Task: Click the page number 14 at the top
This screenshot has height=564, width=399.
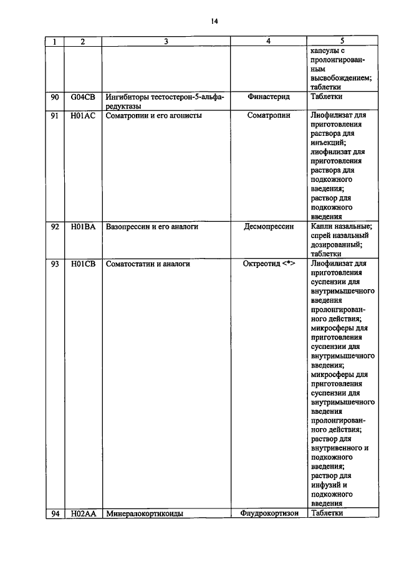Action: point(214,21)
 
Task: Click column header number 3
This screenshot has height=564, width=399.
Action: point(166,41)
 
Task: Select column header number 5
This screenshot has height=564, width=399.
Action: point(342,41)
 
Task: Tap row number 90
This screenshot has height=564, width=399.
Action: point(55,97)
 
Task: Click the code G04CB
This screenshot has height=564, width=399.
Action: point(83,97)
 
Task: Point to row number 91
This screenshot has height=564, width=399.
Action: point(55,116)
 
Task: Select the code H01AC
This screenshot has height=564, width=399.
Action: point(83,116)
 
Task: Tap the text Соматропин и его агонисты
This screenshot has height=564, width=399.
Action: point(153,116)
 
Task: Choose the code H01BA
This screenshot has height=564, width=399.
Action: point(83,227)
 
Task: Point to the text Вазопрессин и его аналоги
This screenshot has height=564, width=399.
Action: point(152,227)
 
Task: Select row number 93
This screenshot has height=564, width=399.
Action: point(55,264)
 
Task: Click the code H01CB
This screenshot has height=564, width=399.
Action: point(83,264)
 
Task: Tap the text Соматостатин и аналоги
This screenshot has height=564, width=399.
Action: point(148,264)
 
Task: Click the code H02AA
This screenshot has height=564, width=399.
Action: point(83,514)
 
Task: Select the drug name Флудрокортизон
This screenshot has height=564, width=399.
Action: point(268,514)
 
